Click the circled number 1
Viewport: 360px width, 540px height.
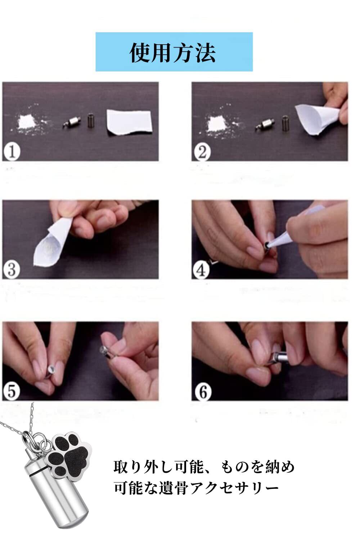(12, 152)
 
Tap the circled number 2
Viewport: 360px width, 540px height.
(202, 152)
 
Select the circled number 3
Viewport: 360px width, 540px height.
(11, 270)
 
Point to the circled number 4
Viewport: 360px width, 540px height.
(201, 270)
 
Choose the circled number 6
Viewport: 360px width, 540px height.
(203, 392)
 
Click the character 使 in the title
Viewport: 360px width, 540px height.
(140, 53)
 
